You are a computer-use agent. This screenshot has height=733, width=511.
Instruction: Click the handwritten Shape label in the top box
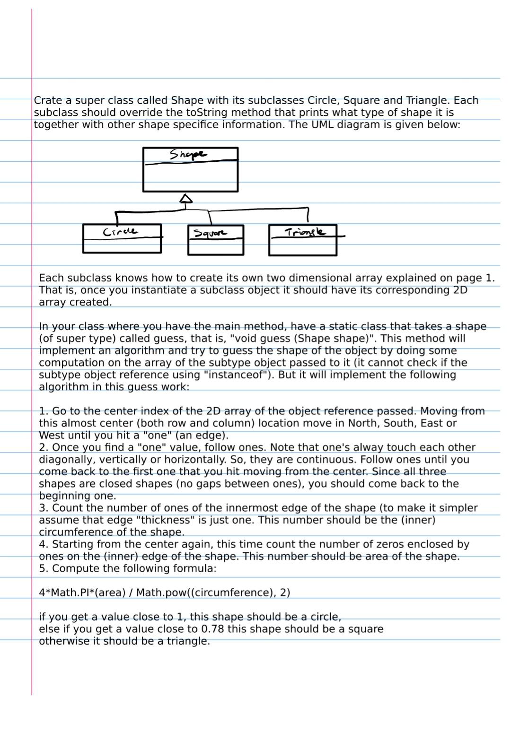(188, 154)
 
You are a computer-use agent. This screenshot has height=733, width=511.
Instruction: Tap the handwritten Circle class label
(120, 232)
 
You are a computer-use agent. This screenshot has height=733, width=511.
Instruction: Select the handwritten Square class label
(210, 233)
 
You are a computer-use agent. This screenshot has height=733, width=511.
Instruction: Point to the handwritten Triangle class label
(305, 232)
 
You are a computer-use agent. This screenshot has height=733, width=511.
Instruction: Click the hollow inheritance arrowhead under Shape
(186, 199)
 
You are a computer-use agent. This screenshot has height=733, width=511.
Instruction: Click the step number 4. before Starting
(44, 544)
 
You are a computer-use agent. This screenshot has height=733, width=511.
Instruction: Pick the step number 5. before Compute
(44, 569)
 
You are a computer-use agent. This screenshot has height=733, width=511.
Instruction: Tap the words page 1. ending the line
(475, 278)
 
